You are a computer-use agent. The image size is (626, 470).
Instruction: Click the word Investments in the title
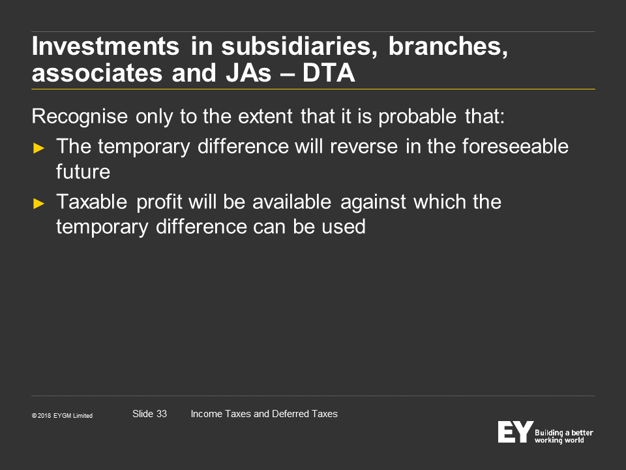pyautogui.click(x=106, y=46)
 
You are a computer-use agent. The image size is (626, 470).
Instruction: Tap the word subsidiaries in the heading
pyautogui.click(x=299, y=46)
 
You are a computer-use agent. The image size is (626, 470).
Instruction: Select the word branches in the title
pyautogui.click(x=448, y=46)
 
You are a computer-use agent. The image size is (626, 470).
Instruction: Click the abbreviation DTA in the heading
pyautogui.click(x=329, y=72)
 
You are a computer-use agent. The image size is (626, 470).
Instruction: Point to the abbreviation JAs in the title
pyautogui.click(x=248, y=72)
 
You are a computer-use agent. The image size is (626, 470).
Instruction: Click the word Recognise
pyautogui.click(x=80, y=117)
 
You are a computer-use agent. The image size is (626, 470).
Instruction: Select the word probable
pyautogui.click(x=417, y=117)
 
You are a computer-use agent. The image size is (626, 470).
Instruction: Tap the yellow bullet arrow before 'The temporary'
pyautogui.click(x=38, y=148)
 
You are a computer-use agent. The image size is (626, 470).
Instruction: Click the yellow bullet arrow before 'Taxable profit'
pyautogui.click(x=38, y=204)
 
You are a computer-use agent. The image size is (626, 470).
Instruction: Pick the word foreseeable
pyautogui.click(x=515, y=146)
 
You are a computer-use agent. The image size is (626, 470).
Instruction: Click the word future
pyautogui.click(x=83, y=172)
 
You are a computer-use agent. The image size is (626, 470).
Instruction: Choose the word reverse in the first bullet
pyautogui.click(x=364, y=147)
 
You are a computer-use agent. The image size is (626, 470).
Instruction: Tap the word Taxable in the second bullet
pyautogui.click(x=92, y=202)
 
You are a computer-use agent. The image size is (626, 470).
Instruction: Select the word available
pyautogui.click(x=292, y=202)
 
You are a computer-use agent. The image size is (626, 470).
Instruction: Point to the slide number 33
pyautogui.click(x=162, y=414)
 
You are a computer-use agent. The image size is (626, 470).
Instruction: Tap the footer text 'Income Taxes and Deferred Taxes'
pyautogui.click(x=264, y=414)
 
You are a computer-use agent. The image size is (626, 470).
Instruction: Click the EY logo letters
pyautogui.click(x=515, y=431)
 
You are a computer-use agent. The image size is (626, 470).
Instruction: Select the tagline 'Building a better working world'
pyautogui.click(x=563, y=437)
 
